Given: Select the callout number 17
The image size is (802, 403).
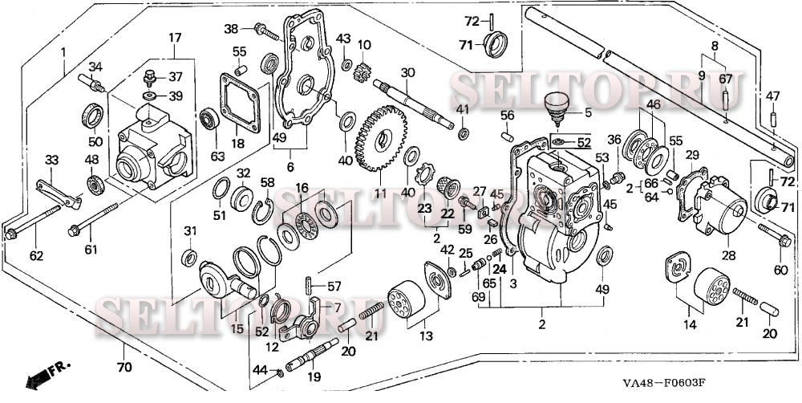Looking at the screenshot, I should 174,37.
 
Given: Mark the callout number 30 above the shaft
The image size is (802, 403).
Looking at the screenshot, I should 408,72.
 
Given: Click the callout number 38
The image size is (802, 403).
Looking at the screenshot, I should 232,29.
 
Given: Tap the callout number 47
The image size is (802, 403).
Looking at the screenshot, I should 772,96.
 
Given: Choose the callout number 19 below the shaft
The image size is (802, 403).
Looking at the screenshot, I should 314,376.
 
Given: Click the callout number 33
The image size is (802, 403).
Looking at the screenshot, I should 51,161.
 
